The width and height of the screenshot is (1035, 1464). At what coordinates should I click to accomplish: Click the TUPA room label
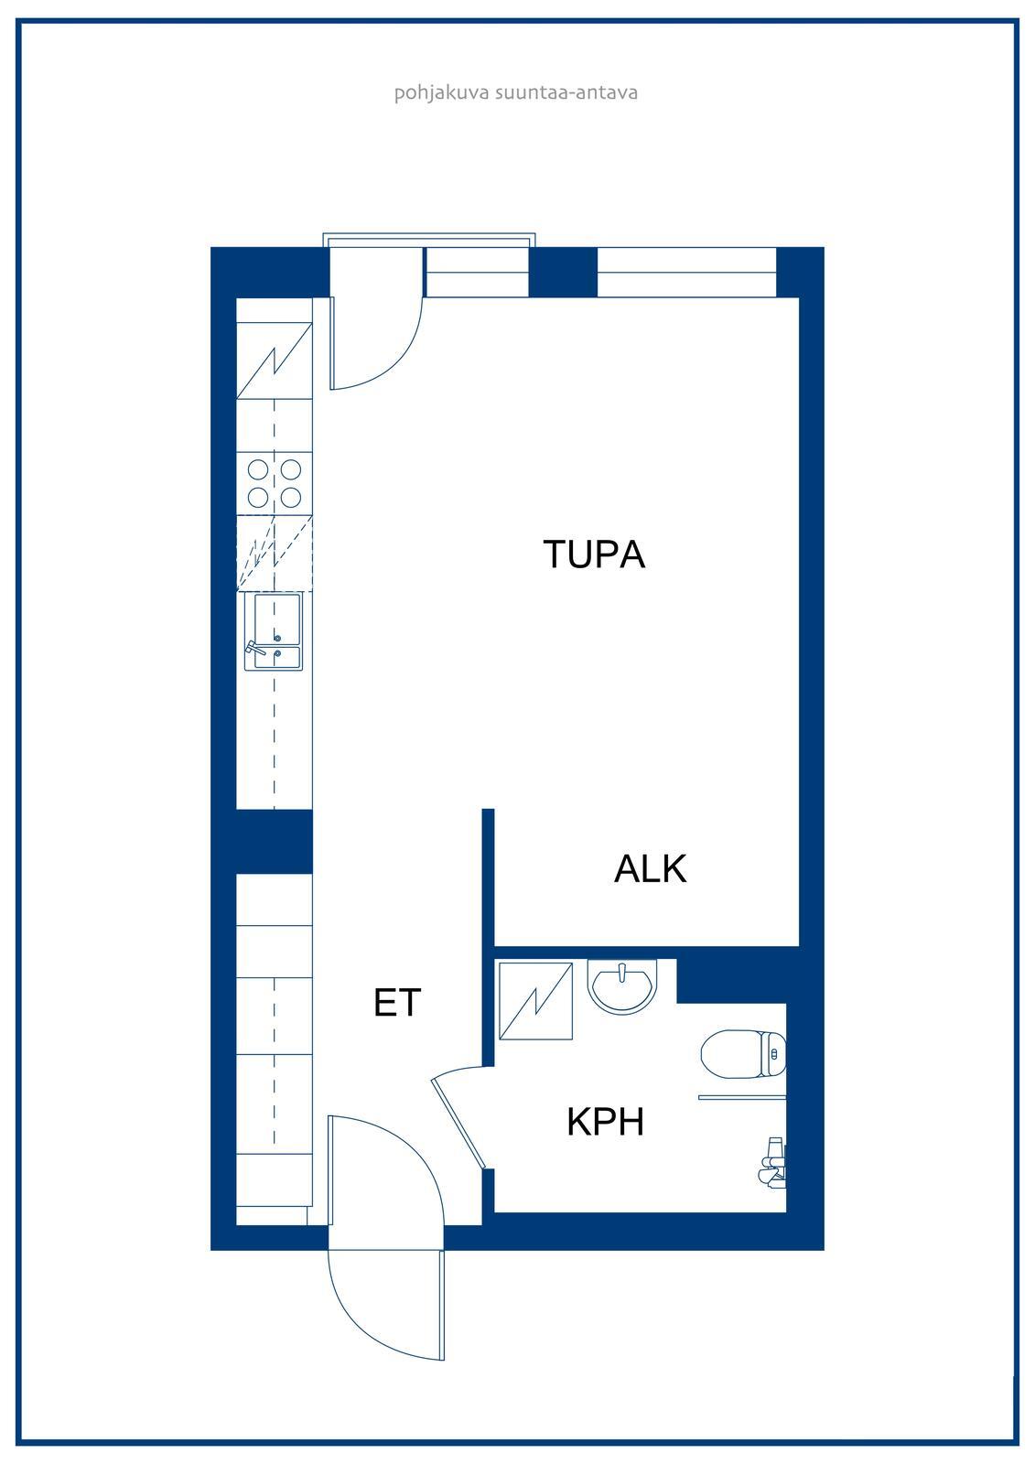click(594, 554)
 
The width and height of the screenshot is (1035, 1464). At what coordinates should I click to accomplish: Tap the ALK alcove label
click(651, 869)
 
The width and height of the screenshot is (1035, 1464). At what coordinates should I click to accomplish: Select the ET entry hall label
click(397, 1003)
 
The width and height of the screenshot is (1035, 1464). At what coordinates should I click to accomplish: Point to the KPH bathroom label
click(606, 1122)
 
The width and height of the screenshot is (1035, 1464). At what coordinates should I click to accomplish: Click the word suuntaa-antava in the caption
click(566, 92)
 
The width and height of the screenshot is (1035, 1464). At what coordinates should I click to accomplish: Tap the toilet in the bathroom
click(743, 1054)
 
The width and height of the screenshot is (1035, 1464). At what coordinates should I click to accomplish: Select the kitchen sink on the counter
click(274, 631)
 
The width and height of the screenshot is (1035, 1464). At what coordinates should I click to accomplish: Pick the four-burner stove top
click(274, 484)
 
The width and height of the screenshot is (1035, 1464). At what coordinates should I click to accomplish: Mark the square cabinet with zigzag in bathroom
click(535, 1000)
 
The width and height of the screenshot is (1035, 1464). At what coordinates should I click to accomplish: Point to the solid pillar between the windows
click(562, 272)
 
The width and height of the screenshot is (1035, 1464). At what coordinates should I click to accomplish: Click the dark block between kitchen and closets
click(274, 841)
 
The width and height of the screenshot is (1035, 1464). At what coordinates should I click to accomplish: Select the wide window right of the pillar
click(686, 272)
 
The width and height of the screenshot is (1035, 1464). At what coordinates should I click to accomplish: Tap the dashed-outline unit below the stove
click(274, 553)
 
